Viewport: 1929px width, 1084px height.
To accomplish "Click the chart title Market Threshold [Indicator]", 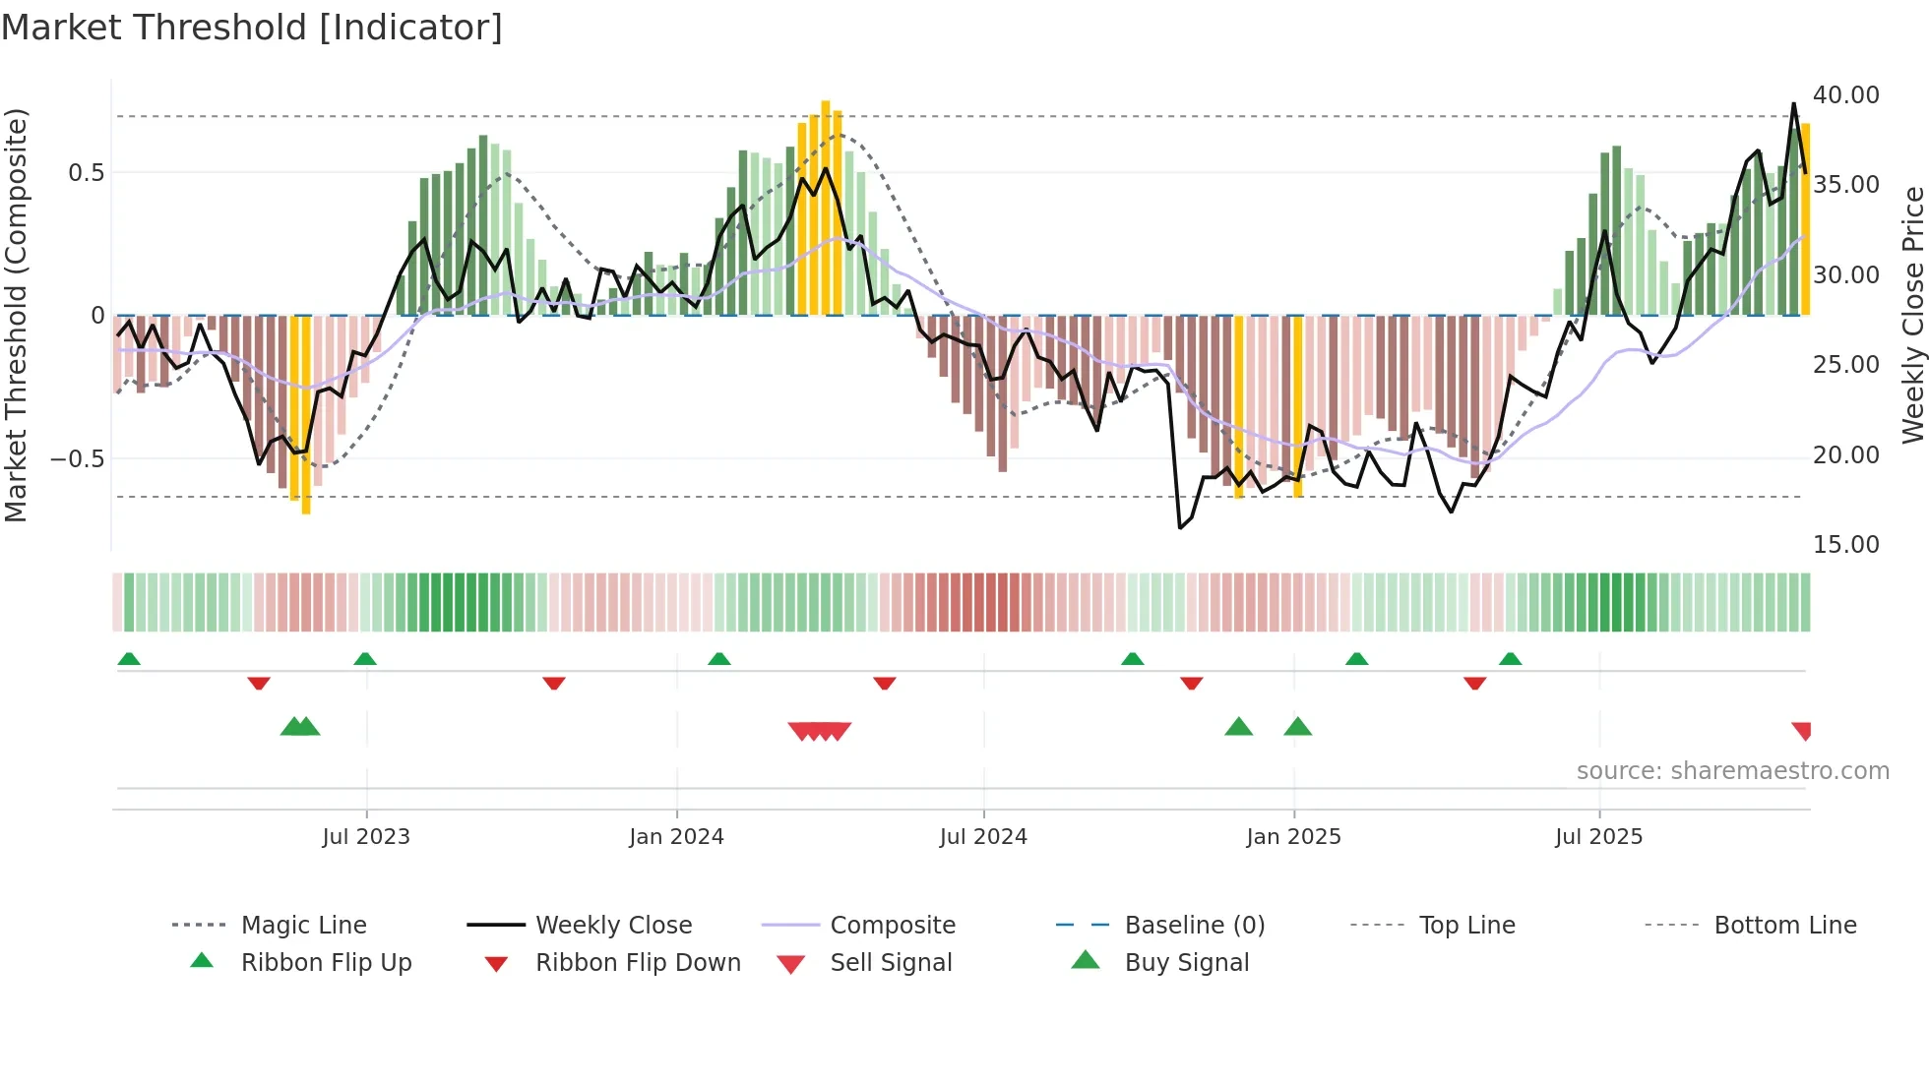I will pyautogui.click(x=252, y=28).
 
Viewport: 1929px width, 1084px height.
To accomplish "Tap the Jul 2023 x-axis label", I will pyautogui.click(x=366, y=837).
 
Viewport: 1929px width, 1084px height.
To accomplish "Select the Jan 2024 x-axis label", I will pyautogui.click(x=676, y=837).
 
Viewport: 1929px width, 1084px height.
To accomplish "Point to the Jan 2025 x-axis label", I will pyautogui.click(x=1293, y=837).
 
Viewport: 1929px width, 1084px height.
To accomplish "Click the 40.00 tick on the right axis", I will pyautogui.click(x=1845, y=95).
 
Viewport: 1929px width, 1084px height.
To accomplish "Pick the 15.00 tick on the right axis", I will pyautogui.click(x=1845, y=545).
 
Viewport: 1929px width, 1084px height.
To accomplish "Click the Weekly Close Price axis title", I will pyautogui.click(x=1912, y=315).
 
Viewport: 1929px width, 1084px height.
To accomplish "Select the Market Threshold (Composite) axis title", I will pyautogui.click(x=16, y=315).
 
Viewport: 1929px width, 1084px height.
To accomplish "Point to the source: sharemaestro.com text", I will pyautogui.click(x=1732, y=771).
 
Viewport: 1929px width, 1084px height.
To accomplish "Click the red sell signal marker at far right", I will pyautogui.click(x=1802, y=730).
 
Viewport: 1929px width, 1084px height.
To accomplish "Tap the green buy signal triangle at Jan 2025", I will pyautogui.click(x=1297, y=727).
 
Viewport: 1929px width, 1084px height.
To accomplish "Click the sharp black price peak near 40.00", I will pyautogui.click(x=1793, y=104).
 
